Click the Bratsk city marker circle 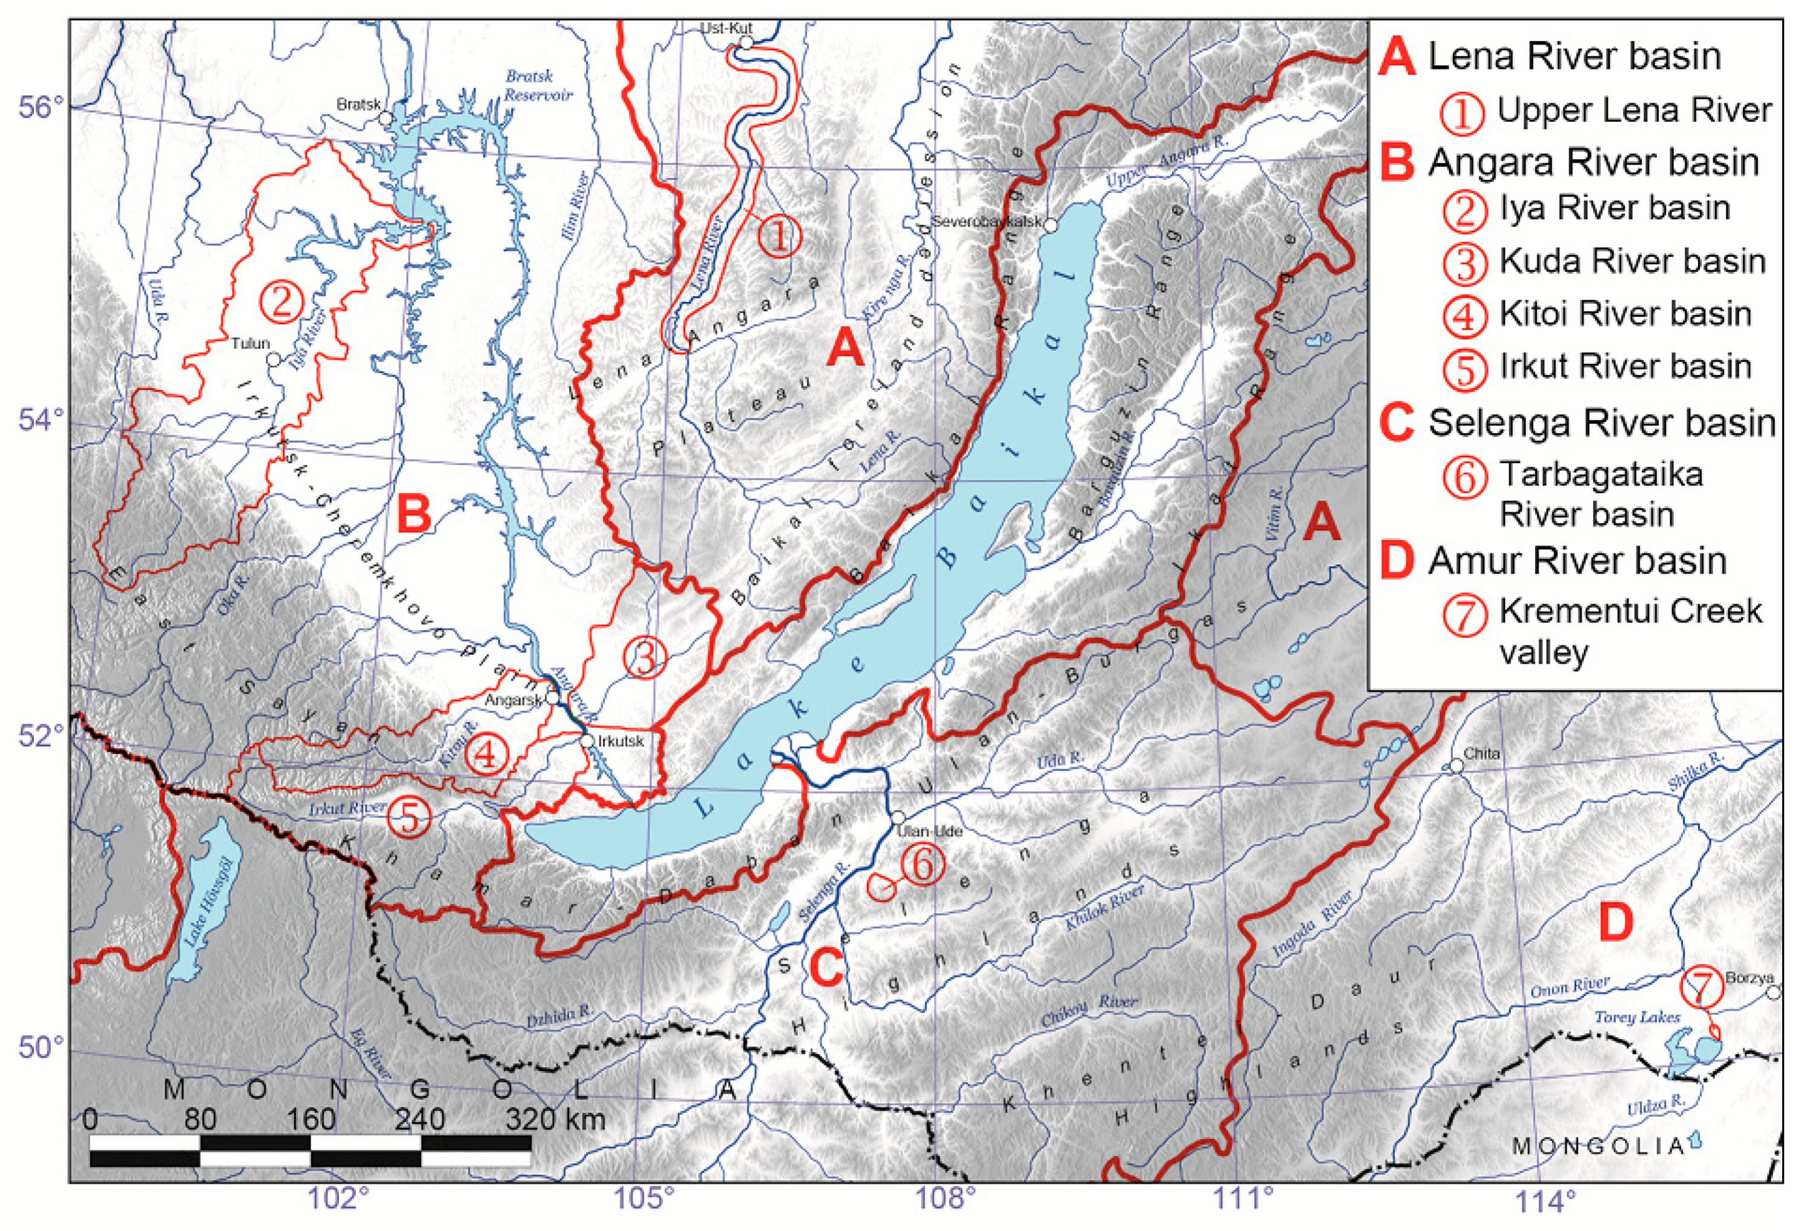click(x=386, y=118)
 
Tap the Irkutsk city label click(x=621, y=741)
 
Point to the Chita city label click(x=1482, y=753)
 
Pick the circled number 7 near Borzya click(x=1700, y=987)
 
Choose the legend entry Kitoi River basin click(x=1625, y=314)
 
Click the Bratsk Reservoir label click(x=538, y=85)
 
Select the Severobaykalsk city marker click(x=1050, y=225)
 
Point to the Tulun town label click(x=250, y=343)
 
